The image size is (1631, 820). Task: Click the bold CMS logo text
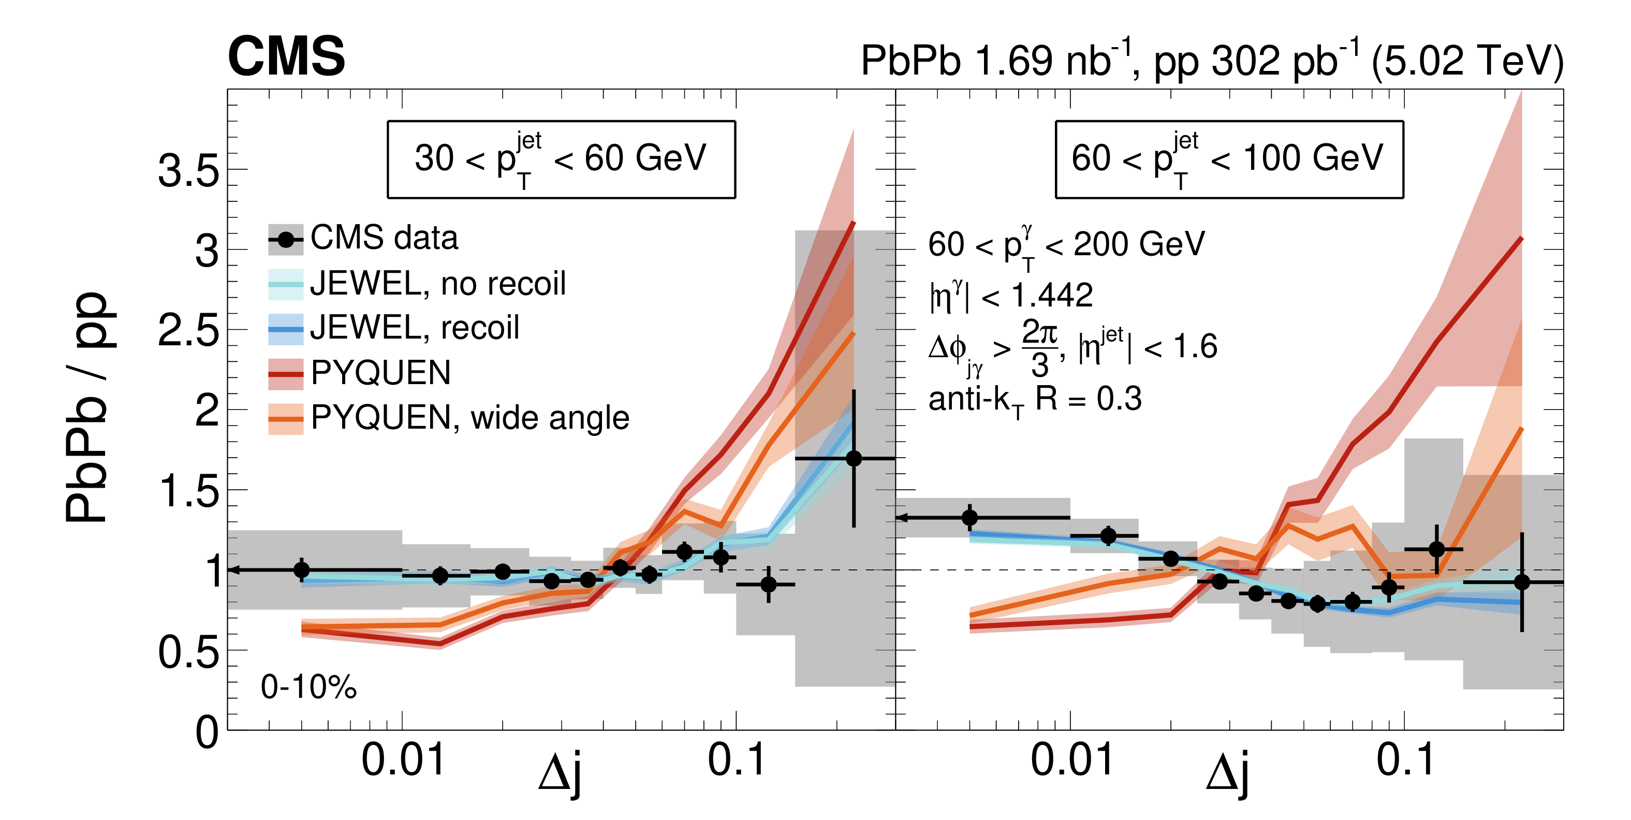coord(286,57)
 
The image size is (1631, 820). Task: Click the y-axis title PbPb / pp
coord(89,408)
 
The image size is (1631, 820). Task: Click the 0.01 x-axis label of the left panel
coord(403,760)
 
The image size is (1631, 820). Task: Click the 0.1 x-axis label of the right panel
coord(1405,760)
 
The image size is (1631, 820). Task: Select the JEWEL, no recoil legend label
coord(437,284)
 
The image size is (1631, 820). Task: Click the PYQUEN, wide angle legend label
coord(470,418)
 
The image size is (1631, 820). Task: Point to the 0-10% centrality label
coord(308,687)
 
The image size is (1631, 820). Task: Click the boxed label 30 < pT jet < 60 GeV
coord(561,159)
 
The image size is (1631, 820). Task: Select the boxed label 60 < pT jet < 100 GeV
coord(1228,159)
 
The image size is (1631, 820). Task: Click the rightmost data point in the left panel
coord(854,459)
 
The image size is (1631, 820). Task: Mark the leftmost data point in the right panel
coord(969,517)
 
